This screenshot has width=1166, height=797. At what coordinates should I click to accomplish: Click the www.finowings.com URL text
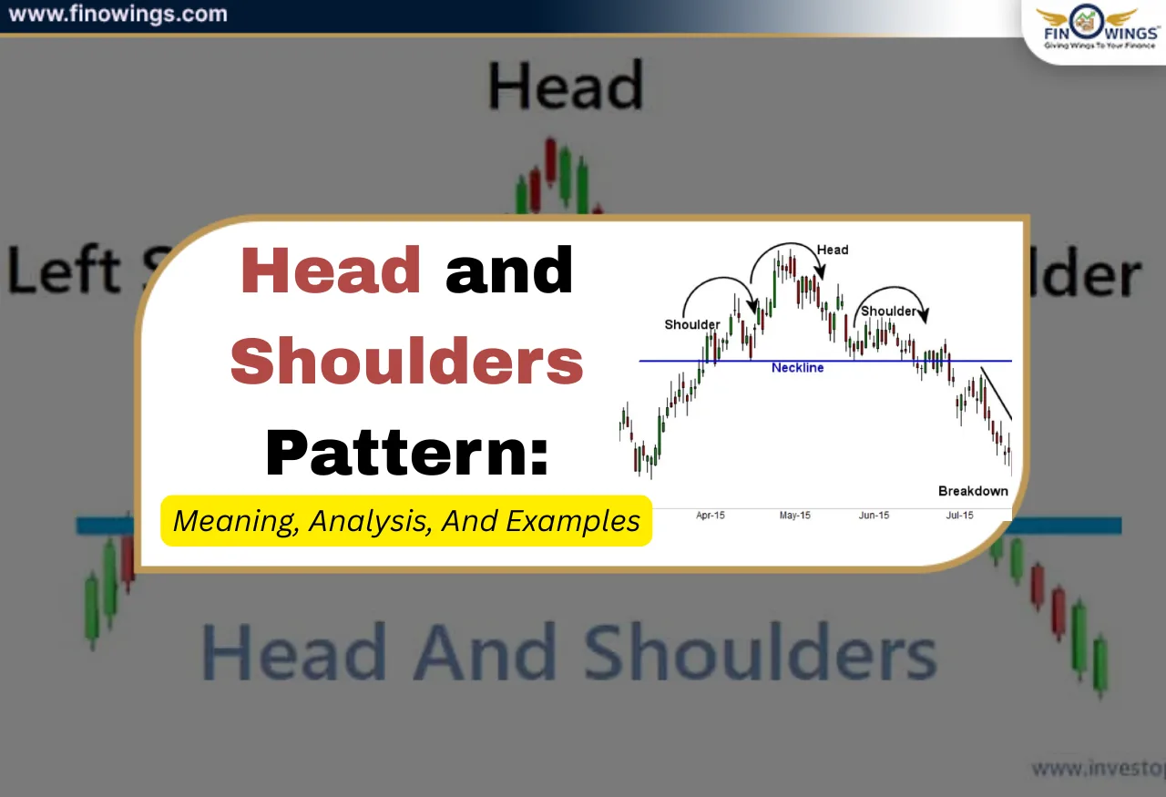pos(118,15)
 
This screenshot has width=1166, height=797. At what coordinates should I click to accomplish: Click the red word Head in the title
pos(331,271)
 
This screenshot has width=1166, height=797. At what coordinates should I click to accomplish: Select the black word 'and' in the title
pos(510,271)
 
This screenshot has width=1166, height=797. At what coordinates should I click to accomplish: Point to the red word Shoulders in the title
pos(406,361)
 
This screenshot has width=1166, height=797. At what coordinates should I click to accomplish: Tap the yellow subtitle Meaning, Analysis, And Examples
pos(406,521)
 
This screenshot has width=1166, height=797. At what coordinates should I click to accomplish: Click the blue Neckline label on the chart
pos(797,368)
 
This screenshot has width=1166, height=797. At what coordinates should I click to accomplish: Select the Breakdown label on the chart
pos(973,491)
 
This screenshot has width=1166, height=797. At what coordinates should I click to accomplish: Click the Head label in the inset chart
pos(832,250)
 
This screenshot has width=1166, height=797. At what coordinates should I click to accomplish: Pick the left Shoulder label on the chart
pos(692,324)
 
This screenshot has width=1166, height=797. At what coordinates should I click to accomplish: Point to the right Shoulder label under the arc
pos(888,312)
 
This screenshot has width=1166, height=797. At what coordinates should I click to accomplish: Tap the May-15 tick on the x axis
pos(794,516)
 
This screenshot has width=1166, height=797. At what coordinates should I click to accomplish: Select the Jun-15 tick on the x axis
pos(874,516)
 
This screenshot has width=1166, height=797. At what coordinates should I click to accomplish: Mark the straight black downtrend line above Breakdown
pos(996,393)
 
